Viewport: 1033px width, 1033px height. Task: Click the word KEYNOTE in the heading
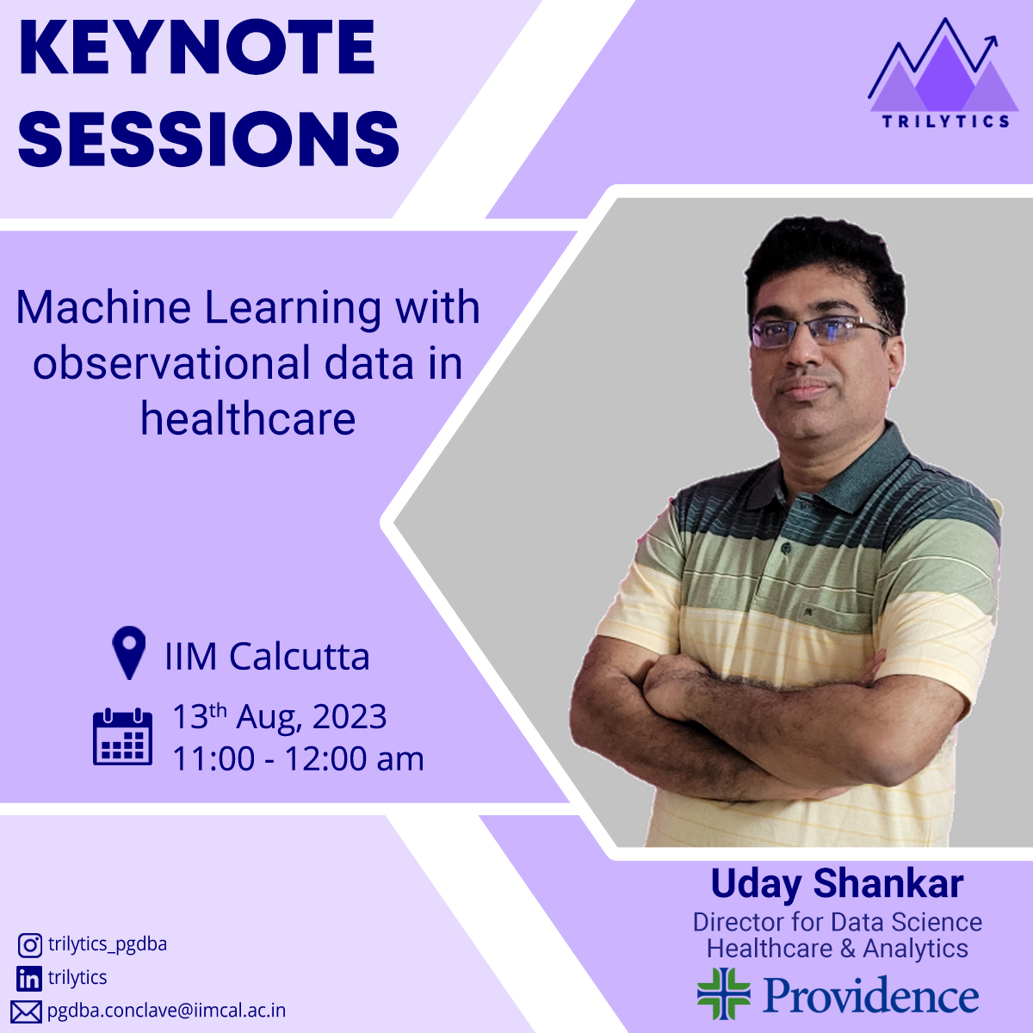[x=196, y=47]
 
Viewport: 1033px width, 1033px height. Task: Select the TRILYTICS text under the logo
[x=946, y=121]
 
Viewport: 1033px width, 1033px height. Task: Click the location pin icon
[x=128, y=653]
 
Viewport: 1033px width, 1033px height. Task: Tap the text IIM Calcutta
[x=267, y=656]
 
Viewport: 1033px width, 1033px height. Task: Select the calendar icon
[x=122, y=736]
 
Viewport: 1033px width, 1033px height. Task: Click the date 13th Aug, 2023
[x=279, y=716]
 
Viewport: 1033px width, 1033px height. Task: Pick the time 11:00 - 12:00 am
[x=298, y=758]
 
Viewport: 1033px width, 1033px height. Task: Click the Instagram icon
[x=29, y=945]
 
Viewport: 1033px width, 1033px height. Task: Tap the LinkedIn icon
[x=29, y=979]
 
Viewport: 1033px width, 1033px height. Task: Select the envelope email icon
[x=27, y=1012]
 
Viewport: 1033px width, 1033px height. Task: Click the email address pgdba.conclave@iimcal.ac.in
[x=166, y=1011]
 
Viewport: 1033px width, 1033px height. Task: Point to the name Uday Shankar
[x=837, y=884]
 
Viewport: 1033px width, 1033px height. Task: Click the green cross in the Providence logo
[x=724, y=993]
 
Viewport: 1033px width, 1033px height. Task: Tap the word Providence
[x=870, y=994]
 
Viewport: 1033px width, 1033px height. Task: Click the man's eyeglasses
[x=818, y=331]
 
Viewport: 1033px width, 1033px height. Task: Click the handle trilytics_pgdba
[x=108, y=944]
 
